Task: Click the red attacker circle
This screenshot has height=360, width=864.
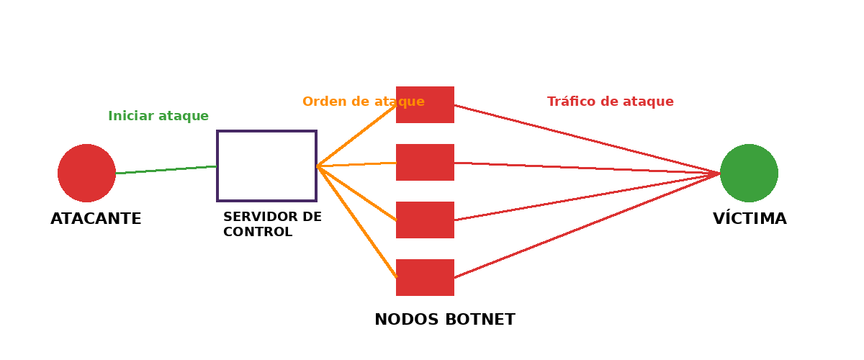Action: (86, 173)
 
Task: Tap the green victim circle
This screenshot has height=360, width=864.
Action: (749, 173)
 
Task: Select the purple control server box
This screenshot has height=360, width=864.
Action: (266, 166)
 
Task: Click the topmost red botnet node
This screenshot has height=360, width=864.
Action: (425, 104)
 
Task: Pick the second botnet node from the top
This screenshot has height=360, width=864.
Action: (425, 162)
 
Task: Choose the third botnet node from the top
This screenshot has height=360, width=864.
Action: (425, 220)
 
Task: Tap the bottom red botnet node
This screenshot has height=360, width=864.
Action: (425, 277)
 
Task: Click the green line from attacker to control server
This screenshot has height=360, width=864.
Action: (166, 170)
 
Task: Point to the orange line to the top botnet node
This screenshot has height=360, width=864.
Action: (356, 135)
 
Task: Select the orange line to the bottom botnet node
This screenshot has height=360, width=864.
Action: (356, 221)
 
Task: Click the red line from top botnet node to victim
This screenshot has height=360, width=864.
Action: (587, 139)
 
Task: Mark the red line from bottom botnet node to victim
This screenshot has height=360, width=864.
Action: (587, 225)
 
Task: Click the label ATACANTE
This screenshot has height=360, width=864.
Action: (96, 219)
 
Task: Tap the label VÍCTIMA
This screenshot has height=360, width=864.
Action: (750, 219)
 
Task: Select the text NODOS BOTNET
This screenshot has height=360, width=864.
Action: (445, 320)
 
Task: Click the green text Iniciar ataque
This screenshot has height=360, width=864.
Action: (158, 116)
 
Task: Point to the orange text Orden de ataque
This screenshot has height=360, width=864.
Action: (364, 102)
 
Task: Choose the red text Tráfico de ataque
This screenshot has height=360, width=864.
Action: (611, 102)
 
